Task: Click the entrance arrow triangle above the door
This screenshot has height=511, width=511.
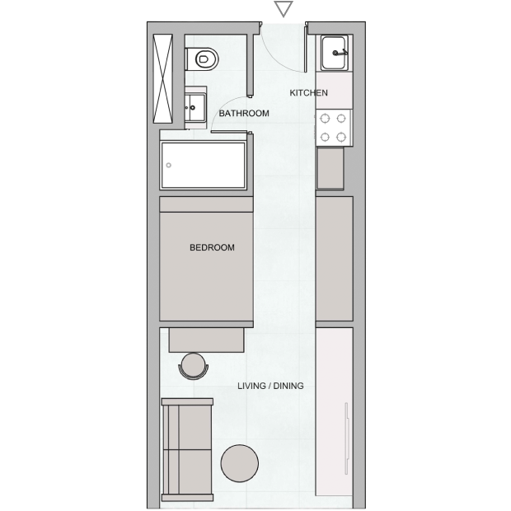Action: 284,8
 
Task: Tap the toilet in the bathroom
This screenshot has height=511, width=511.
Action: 202,59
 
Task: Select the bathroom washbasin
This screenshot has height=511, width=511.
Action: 195,107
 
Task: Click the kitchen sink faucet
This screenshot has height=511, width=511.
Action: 340,53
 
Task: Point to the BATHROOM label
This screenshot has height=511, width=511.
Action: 244,114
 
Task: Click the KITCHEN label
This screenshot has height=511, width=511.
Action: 308,93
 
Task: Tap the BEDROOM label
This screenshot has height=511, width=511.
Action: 212,248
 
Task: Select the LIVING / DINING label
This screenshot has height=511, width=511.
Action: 270,386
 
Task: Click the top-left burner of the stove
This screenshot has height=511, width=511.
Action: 325,119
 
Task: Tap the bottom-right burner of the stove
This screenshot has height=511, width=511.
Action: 341,137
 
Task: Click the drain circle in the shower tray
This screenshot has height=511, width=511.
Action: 168,165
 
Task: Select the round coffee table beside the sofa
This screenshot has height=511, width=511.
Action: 240,463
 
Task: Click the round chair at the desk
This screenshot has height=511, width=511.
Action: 193,366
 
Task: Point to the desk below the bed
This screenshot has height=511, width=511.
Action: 206,340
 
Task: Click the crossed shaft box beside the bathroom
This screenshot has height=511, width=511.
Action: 162,78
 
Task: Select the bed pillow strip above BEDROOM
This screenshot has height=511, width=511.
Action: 206,204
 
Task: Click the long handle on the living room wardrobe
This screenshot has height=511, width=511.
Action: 346,438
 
